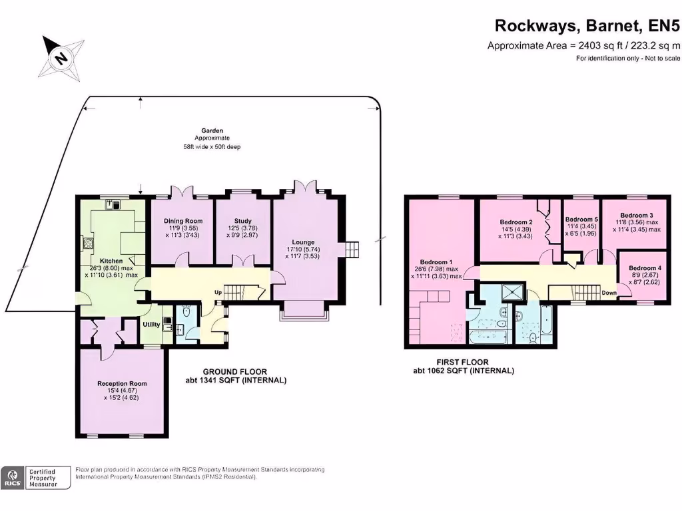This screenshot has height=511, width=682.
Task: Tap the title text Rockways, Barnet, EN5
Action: (x=587, y=26)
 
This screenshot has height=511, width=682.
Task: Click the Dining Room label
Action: (x=183, y=221)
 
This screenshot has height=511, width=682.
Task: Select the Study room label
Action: (x=242, y=221)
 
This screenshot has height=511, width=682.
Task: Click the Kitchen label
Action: (x=111, y=260)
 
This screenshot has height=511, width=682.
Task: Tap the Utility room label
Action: (x=151, y=324)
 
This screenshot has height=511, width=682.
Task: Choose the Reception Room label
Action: (x=123, y=383)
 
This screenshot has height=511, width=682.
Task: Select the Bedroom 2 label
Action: (x=516, y=222)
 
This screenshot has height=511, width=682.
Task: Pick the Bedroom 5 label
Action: (x=581, y=219)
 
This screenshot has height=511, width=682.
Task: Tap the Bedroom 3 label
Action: (x=636, y=216)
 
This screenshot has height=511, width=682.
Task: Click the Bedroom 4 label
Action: (x=645, y=268)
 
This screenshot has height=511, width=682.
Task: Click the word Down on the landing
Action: (x=609, y=292)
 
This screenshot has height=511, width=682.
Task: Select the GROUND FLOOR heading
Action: (x=235, y=372)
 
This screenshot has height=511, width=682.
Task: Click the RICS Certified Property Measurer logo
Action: (x=36, y=477)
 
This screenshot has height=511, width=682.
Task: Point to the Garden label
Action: (x=212, y=130)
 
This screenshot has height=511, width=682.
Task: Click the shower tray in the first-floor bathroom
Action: (x=511, y=293)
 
